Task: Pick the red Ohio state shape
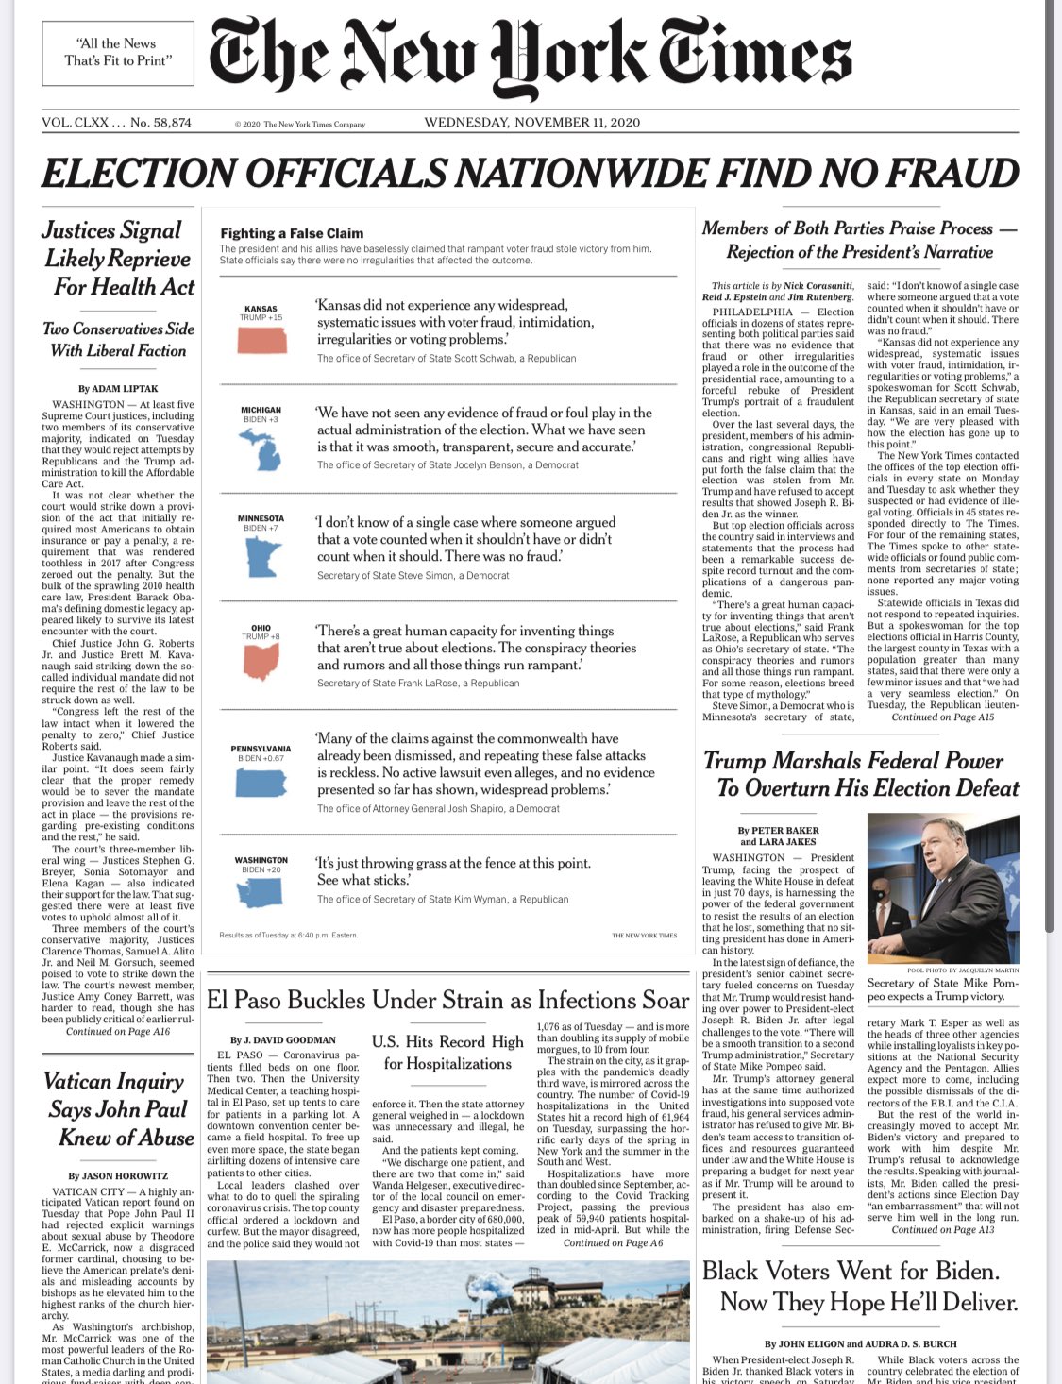pos(261,662)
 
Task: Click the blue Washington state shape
pos(261,889)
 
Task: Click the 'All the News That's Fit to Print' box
pos(119,52)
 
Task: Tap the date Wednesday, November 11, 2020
pos(532,123)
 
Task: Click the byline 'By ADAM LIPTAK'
pos(118,388)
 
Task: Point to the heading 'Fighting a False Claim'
pos(292,233)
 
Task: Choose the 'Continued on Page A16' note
pos(118,1032)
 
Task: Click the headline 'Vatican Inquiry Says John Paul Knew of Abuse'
pos(118,1109)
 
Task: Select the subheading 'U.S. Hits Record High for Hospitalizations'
pos(447,1052)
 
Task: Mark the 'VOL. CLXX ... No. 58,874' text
pos(117,123)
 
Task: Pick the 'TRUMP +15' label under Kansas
pos(261,318)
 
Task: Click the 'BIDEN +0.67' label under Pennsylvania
pos(261,758)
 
